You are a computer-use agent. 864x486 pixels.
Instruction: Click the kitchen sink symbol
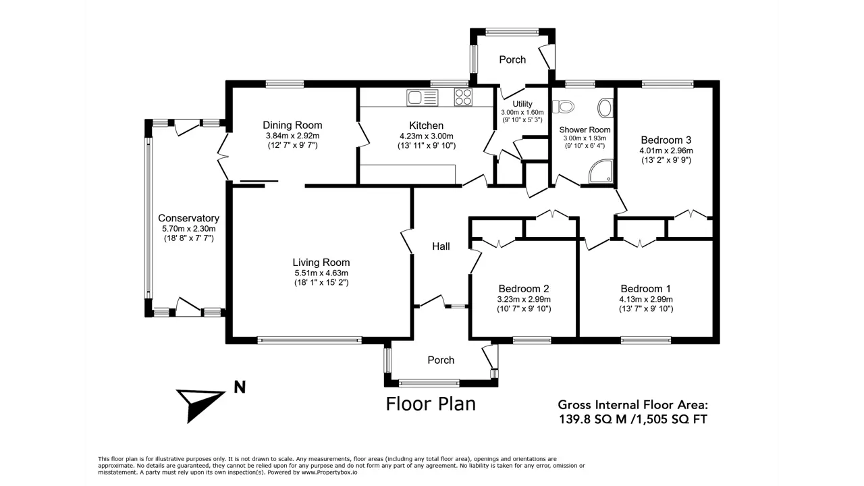click(x=423, y=98)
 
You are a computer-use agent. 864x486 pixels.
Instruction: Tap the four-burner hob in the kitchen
click(x=463, y=97)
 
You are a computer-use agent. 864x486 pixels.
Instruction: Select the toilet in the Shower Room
click(x=563, y=107)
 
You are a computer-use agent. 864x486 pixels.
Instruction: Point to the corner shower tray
click(x=601, y=171)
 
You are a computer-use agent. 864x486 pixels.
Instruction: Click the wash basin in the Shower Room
click(x=605, y=108)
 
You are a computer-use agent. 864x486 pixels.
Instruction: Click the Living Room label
click(x=321, y=263)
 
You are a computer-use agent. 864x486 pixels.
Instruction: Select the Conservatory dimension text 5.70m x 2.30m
click(x=188, y=229)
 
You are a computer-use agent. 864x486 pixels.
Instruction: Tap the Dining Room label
click(x=292, y=125)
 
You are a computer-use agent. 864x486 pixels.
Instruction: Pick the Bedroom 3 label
click(x=666, y=140)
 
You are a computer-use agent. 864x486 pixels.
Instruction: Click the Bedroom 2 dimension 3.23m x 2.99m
click(x=524, y=299)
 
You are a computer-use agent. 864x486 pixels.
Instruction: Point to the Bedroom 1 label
click(x=646, y=288)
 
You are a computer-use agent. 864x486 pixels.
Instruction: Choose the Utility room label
click(x=522, y=104)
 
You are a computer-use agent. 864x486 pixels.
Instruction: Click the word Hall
click(x=441, y=246)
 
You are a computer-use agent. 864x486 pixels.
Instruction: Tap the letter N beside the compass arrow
click(x=240, y=387)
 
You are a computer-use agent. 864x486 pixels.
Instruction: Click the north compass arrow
click(x=199, y=405)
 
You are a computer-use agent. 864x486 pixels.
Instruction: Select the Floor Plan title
click(x=431, y=404)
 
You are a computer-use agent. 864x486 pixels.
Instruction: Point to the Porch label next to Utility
click(x=512, y=60)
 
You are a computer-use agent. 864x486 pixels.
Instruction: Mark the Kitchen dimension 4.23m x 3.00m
click(x=427, y=136)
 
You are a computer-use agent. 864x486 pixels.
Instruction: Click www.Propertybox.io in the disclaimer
click(x=329, y=472)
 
